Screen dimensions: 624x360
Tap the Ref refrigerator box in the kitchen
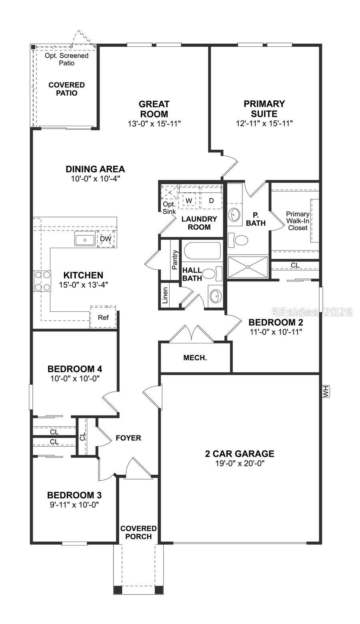point(103,317)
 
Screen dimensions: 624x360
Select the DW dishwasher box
point(106,239)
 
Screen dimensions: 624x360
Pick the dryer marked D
point(211,200)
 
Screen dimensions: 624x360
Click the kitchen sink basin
point(84,240)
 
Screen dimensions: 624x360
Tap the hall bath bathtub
point(202,252)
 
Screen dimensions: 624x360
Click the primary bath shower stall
point(248,267)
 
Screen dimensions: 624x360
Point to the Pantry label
point(174,260)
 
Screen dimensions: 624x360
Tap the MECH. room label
point(195,357)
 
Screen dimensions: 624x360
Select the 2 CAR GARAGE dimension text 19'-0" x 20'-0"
point(240,463)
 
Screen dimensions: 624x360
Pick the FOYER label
point(128,438)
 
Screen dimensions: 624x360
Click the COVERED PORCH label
point(138,532)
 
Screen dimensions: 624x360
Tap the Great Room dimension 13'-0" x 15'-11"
point(154,124)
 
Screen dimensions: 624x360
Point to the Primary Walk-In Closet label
point(297,221)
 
